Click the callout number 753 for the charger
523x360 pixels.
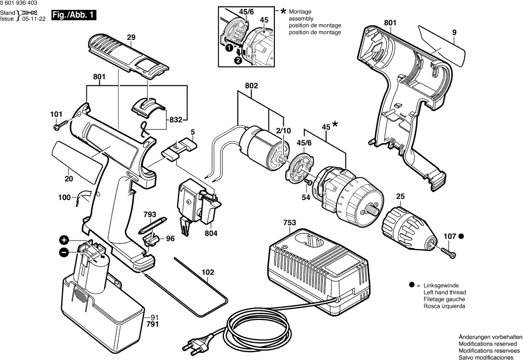pos(290,223)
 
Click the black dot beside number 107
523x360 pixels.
pos(462,237)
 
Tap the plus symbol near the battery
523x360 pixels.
pos(64,240)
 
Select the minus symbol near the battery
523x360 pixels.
pos(64,252)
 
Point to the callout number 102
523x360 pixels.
pos(208,271)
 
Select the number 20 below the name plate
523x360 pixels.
pos(69,180)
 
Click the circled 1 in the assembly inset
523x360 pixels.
pos(228,48)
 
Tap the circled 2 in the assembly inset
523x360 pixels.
pos(238,61)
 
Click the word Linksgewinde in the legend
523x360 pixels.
pos(438,286)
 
